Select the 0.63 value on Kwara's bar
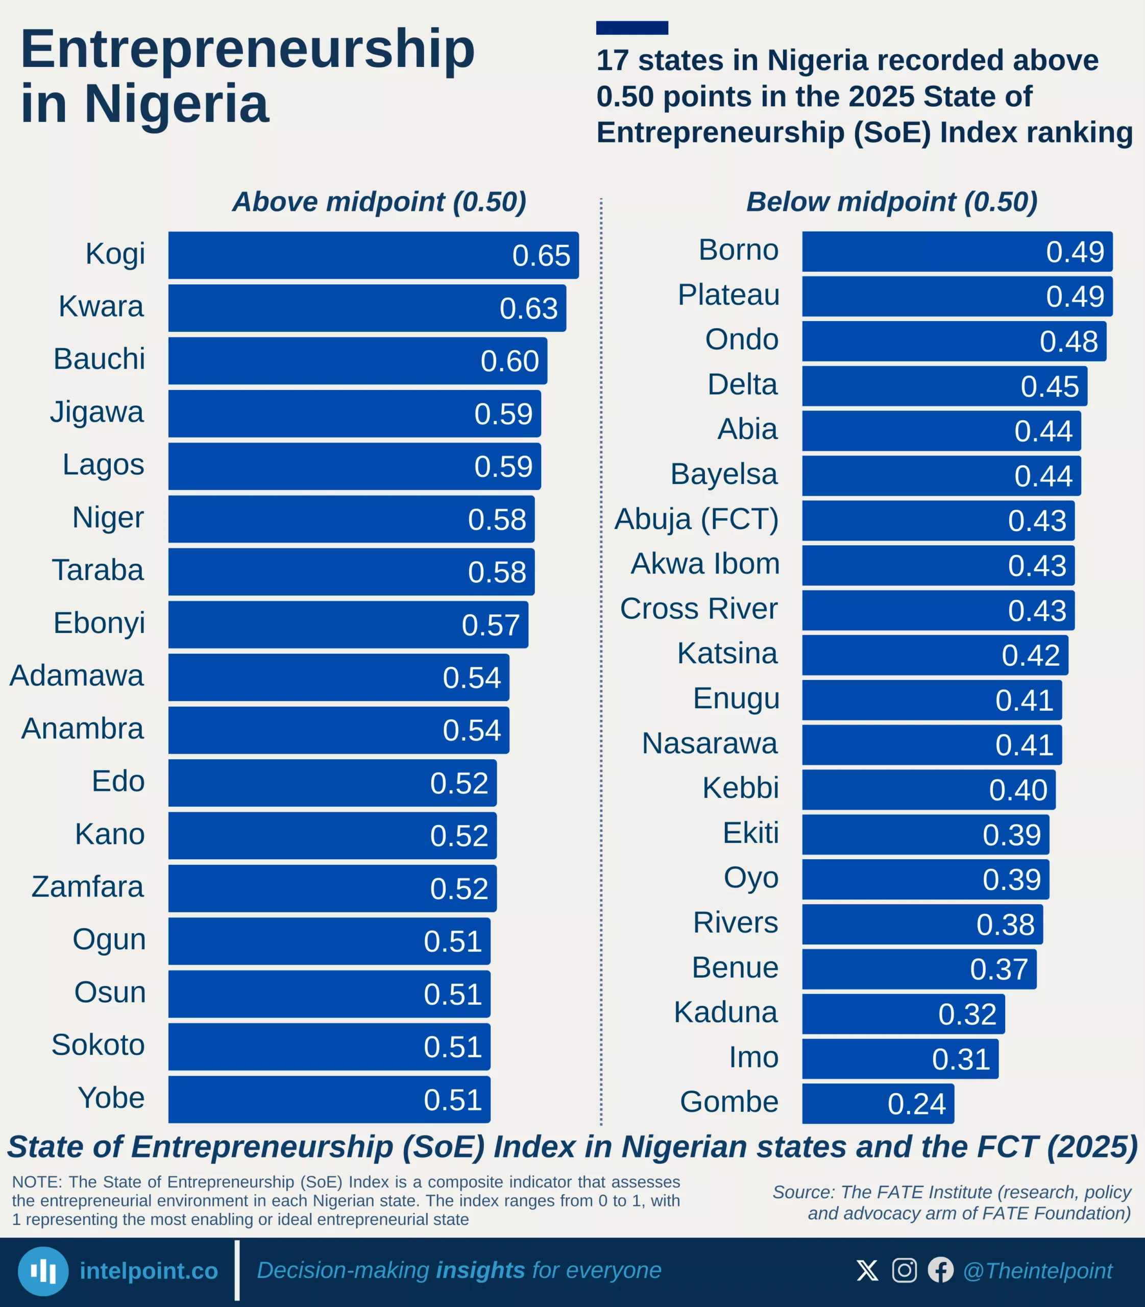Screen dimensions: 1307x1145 click(528, 309)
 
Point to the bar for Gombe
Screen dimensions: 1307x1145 click(843, 1104)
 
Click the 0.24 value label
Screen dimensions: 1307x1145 click(916, 1104)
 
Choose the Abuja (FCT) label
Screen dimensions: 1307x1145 click(696, 519)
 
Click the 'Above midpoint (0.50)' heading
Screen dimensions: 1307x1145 click(379, 202)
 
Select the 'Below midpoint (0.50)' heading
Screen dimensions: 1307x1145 click(891, 202)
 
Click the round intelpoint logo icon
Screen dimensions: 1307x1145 click(43, 1271)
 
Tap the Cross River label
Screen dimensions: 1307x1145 click(698, 609)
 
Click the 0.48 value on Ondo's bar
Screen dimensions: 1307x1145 click(1068, 341)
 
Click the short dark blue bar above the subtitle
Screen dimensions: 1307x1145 click(632, 28)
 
